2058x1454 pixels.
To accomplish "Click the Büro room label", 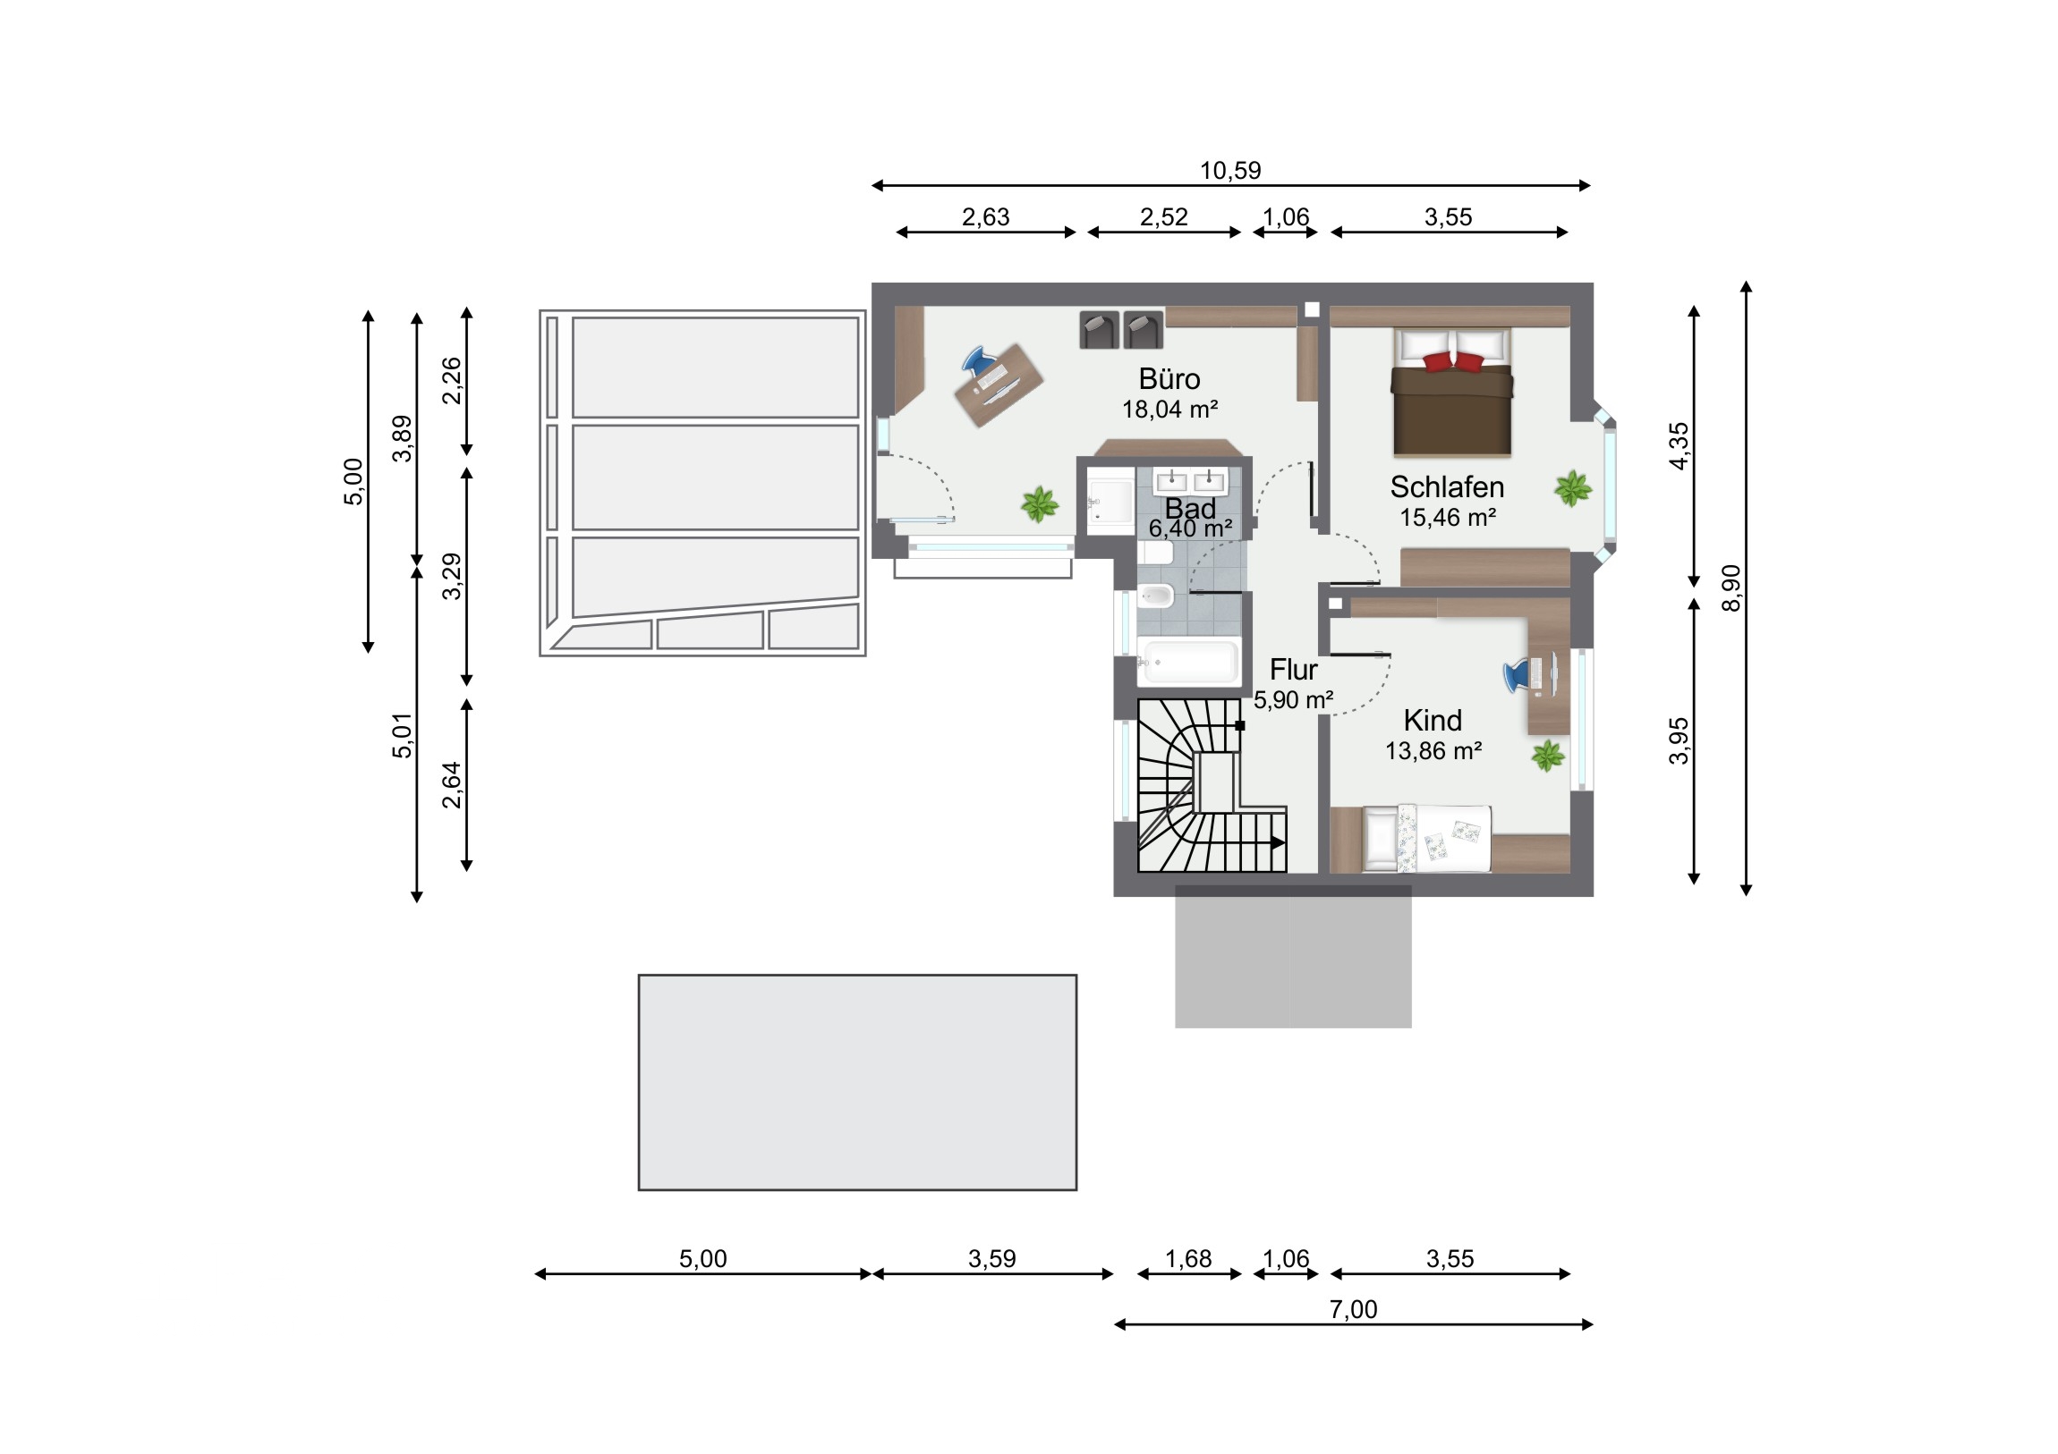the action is (1169, 379).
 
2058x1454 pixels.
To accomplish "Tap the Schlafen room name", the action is (1447, 486).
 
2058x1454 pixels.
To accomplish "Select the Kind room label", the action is (1433, 720).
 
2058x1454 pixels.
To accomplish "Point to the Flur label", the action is (1294, 669).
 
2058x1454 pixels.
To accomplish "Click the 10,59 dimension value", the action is (1229, 170).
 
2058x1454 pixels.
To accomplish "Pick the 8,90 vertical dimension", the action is (1731, 588).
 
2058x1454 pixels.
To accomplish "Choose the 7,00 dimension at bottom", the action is (1353, 1310).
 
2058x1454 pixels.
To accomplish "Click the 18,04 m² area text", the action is (1169, 410).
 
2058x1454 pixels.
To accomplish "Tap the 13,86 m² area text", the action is (1433, 751).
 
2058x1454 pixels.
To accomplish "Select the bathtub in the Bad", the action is (1189, 662).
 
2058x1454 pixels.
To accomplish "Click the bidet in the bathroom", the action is (1156, 595).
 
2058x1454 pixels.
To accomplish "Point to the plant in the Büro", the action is (1040, 504).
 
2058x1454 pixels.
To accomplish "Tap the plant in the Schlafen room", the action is (1573, 489).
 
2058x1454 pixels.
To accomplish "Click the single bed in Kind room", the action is (1427, 838).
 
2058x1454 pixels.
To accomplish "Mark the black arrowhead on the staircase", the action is (1278, 842).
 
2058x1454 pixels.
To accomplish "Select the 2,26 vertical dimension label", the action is (453, 381).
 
